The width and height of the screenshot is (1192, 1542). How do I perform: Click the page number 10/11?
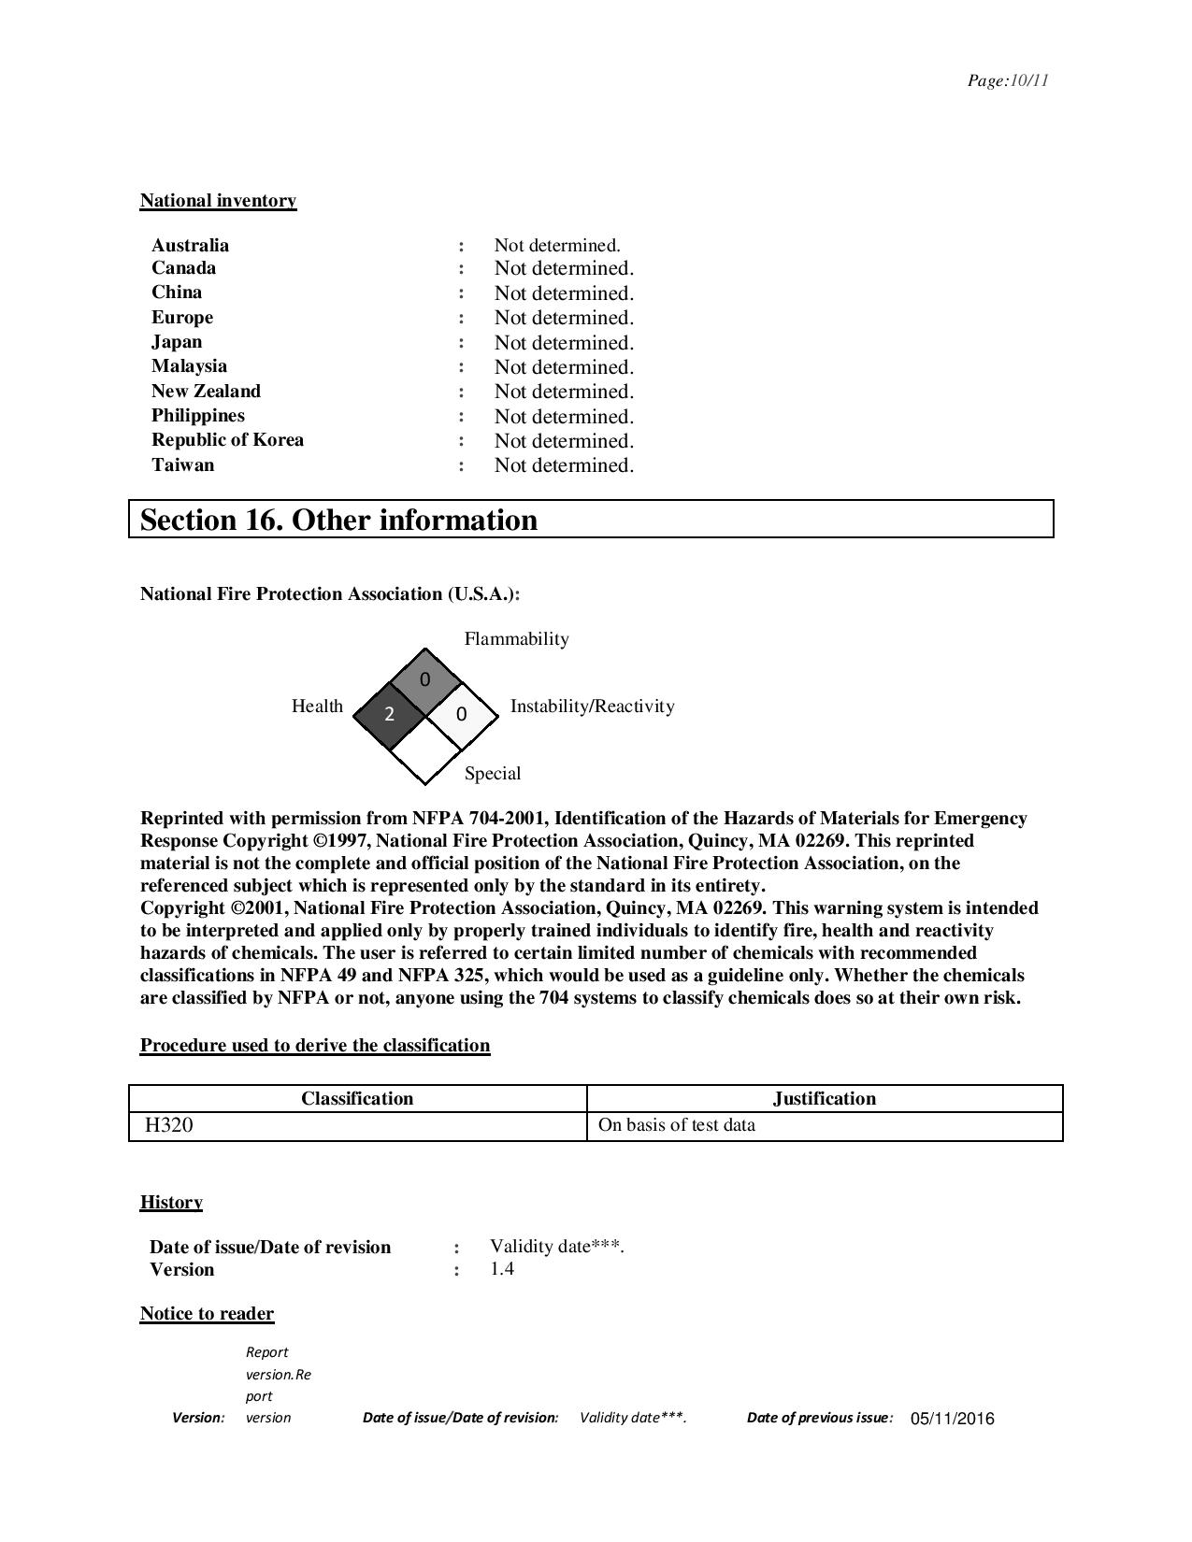(1008, 80)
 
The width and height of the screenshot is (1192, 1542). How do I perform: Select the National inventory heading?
(218, 200)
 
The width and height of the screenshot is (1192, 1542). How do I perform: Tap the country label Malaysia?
(189, 366)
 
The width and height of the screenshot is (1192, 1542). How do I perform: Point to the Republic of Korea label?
(227, 440)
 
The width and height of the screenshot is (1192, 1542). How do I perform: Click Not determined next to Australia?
(557, 246)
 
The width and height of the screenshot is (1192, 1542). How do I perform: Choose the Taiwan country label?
(182, 465)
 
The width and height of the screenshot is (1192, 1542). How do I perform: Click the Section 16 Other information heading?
(338, 520)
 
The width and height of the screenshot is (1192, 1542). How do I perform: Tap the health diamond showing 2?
(389, 715)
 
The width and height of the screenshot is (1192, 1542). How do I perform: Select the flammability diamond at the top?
(425, 679)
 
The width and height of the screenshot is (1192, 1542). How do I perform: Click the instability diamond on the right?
(461, 715)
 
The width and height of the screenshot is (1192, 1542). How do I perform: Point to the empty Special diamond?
(425, 750)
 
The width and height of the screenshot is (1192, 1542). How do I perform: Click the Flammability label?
(516, 639)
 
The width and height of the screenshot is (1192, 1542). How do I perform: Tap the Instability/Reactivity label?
(592, 707)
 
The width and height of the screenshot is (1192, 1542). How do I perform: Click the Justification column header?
(825, 1098)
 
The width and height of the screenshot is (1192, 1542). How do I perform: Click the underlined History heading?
(171, 1202)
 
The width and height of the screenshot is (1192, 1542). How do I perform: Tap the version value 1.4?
(502, 1269)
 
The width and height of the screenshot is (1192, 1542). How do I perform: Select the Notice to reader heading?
(207, 1314)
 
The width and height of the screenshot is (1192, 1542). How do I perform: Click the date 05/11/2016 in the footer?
(952, 1419)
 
